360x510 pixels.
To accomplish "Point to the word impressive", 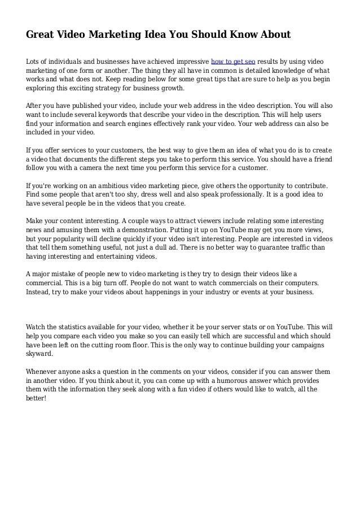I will pos(190,61).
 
